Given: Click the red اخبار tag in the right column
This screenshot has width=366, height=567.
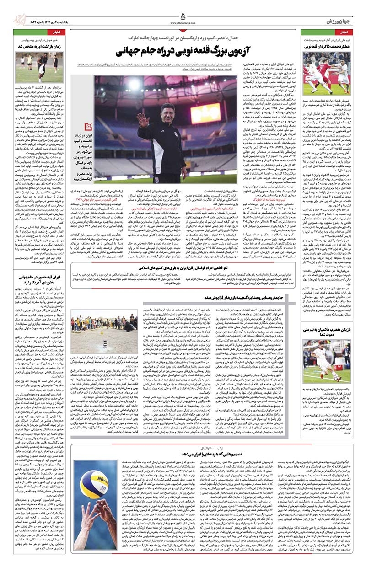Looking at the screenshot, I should [344, 33].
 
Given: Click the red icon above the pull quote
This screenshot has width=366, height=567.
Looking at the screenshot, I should [102, 129].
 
